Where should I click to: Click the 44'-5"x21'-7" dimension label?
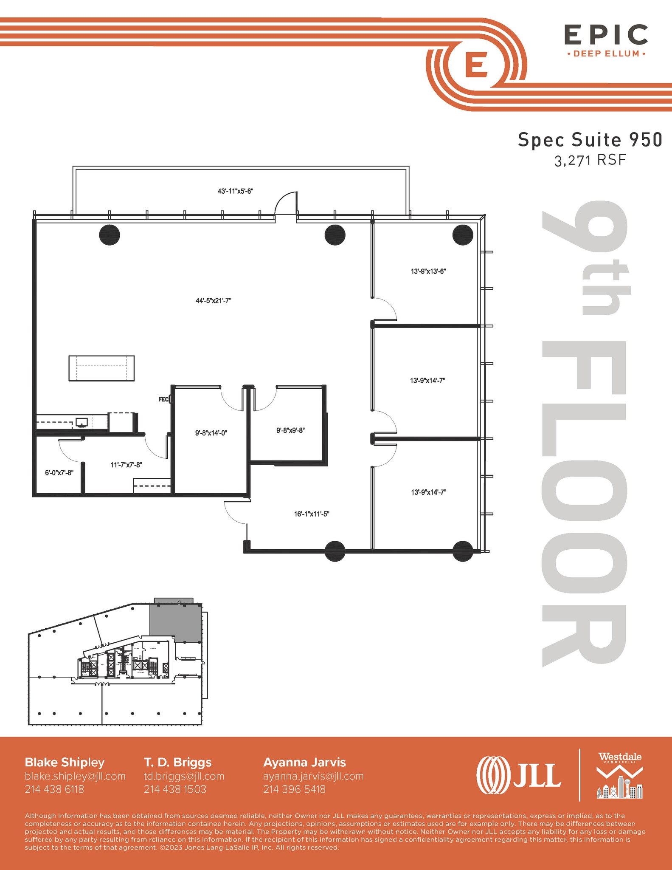click(213, 301)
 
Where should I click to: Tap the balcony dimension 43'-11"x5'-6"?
click(235, 191)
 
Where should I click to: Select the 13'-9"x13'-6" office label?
click(428, 271)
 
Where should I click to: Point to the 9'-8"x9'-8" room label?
click(290, 430)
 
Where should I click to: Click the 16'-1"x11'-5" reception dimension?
click(312, 514)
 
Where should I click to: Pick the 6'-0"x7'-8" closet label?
click(59, 473)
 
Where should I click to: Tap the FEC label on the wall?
click(163, 399)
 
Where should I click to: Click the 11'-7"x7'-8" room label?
click(126, 465)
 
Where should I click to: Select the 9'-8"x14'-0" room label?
click(211, 433)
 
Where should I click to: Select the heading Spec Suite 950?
click(590, 140)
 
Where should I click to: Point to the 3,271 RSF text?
click(590, 160)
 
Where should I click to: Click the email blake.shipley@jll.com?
click(75, 776)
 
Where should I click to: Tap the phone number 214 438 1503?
click(175, 789)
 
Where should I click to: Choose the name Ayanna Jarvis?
click(304, 762)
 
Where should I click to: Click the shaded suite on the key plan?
click(175, 622)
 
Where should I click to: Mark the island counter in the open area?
click(101, 368)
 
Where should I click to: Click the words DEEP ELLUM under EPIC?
click(606, 54)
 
